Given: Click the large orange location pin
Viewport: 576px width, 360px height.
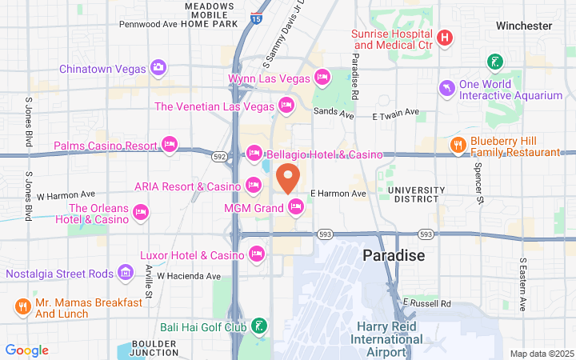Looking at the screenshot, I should (x=288, y=177).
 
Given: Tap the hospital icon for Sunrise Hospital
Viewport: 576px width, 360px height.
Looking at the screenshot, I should (x=445, y=38).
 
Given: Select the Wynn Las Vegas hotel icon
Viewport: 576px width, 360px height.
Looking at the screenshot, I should (x=322, y=78).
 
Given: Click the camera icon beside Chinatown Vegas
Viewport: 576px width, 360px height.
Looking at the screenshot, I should (x=158, y=67).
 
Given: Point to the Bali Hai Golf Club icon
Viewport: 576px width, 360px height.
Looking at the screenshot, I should (x=258, y=326).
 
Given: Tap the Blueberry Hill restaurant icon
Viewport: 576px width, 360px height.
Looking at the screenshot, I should (x=458, y=145).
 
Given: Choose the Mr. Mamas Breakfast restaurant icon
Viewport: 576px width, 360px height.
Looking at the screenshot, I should (x=22, y=306).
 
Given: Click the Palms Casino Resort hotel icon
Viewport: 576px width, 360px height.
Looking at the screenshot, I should (x=169, y=145).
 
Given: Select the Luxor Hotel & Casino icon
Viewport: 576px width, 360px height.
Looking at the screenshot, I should (x=257, y=254).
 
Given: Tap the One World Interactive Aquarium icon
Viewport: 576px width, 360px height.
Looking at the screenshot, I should (x=445, y=87).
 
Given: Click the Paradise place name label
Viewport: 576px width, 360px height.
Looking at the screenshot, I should (x=394, y=255).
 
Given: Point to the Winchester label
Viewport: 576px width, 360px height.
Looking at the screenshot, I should (x=524, y=26).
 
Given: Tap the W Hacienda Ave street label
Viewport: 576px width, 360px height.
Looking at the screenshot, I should (x=188, y=276).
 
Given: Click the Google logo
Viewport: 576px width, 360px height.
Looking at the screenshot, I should (x=27, y=350).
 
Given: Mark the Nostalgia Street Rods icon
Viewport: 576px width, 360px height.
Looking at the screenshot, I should (x=126, y=274).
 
